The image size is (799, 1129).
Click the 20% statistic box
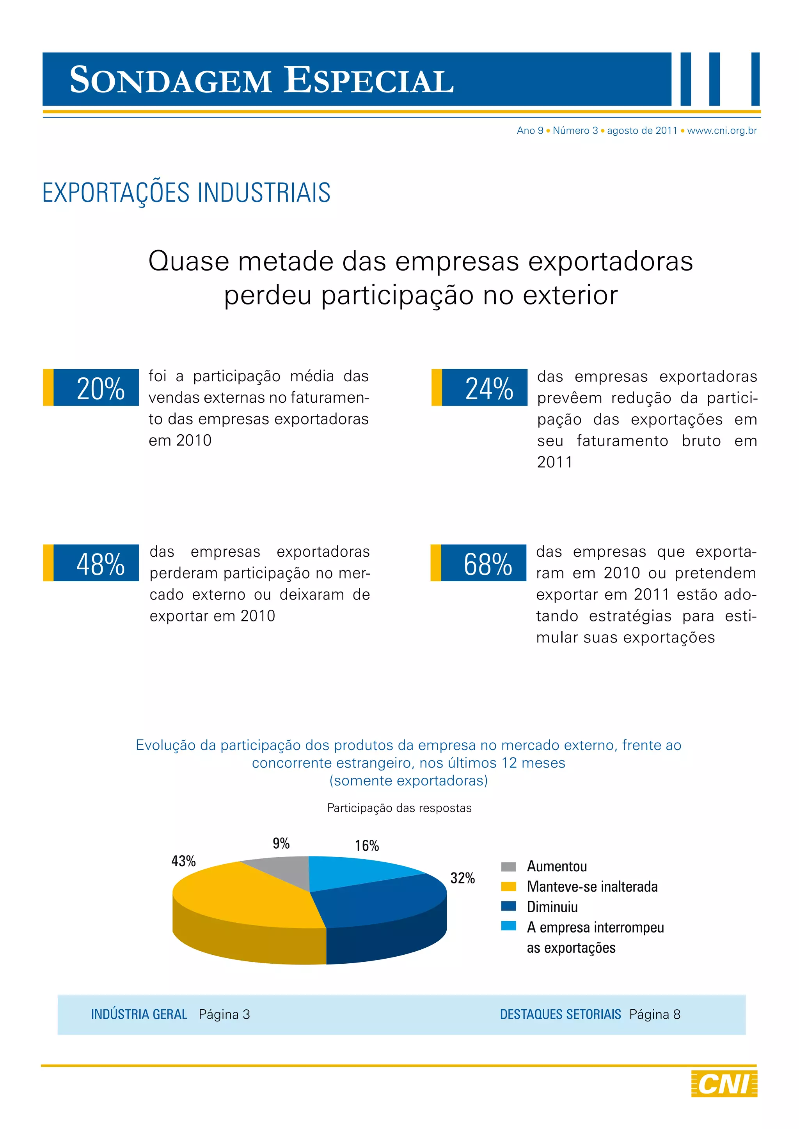pos(96,388)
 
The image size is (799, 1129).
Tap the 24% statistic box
pos(484,388)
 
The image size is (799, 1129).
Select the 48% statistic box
pos(96,563)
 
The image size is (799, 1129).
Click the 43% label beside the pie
pos(183,861)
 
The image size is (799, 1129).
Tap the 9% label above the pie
pos(281,844)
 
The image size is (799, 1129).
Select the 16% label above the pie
pos(367,846)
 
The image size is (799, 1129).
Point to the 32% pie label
pos(462,878)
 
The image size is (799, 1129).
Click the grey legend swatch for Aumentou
pos(508,866)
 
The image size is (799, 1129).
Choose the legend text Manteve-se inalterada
pos(592,887)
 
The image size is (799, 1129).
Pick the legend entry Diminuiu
pos(552,907)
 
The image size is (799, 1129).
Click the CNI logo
pos(724,1084)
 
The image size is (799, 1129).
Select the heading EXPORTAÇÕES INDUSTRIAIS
pos(186,192)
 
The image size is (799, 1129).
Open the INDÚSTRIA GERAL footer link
pos(139,1014)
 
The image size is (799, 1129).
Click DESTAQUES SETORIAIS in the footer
pos(560,1014)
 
